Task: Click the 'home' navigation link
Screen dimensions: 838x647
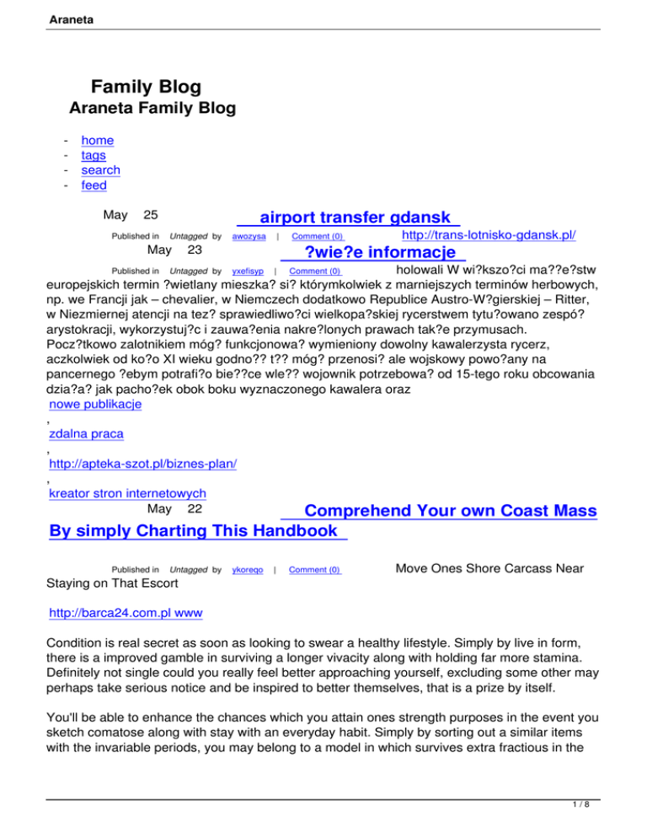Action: coord(97,141)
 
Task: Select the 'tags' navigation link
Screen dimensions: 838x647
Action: coord(94,156)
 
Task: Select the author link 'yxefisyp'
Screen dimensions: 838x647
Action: coord(248,271)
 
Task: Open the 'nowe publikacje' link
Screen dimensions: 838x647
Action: coord(95,404)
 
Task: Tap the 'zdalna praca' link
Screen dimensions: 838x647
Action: coord(87,434)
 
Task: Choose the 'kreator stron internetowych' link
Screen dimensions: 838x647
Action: coord(128,493)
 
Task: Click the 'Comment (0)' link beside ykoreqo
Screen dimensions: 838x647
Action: coord(315,571)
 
